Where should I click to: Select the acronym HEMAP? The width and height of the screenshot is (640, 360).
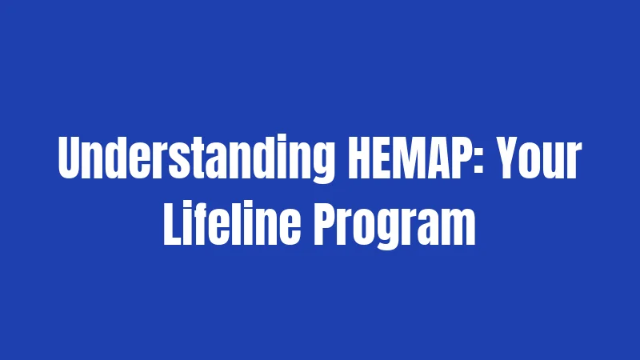click(404, 163)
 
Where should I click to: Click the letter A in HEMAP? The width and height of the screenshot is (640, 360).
click(428, 163)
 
